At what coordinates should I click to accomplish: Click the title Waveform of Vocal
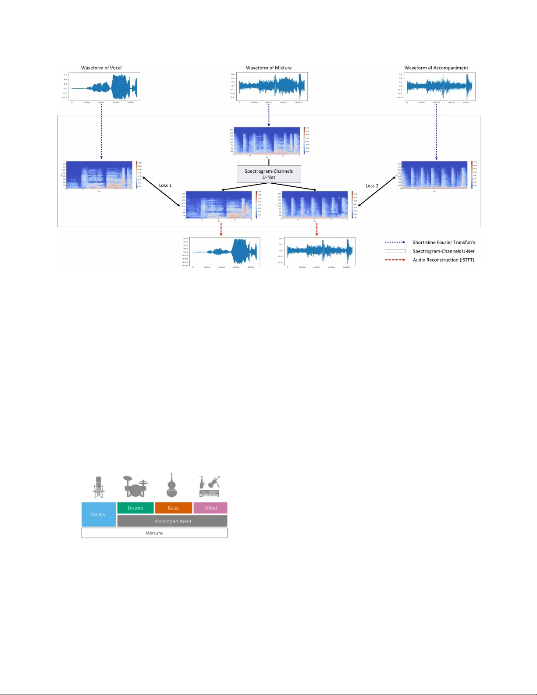[101, 68]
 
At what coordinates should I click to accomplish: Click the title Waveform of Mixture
[269, 68]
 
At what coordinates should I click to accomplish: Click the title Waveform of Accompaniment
[436, 68]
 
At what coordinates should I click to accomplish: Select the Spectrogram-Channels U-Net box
[269, 174]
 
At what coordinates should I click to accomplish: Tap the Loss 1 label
[165, 185]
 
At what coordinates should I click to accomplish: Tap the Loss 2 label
[372, 186]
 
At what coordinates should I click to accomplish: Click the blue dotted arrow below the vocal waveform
[101, 132]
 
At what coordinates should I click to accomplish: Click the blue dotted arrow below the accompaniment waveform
[436, 132]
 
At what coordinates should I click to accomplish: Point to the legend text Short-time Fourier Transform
[444, 242]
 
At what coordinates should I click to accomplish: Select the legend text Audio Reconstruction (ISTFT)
[443, 260]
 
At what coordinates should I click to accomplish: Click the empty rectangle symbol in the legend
[395, 251]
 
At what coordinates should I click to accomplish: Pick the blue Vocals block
[98, 514]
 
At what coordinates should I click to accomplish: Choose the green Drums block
[135, 508]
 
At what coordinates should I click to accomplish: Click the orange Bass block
[173, 508]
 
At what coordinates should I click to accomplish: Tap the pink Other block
[211, 508]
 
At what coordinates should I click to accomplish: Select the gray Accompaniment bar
[173, 521]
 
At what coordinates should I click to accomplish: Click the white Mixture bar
[154, 533]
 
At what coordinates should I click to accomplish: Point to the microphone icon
[99, 487]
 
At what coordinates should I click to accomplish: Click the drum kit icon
[135, 486]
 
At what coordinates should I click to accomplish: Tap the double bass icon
[171, 485]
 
